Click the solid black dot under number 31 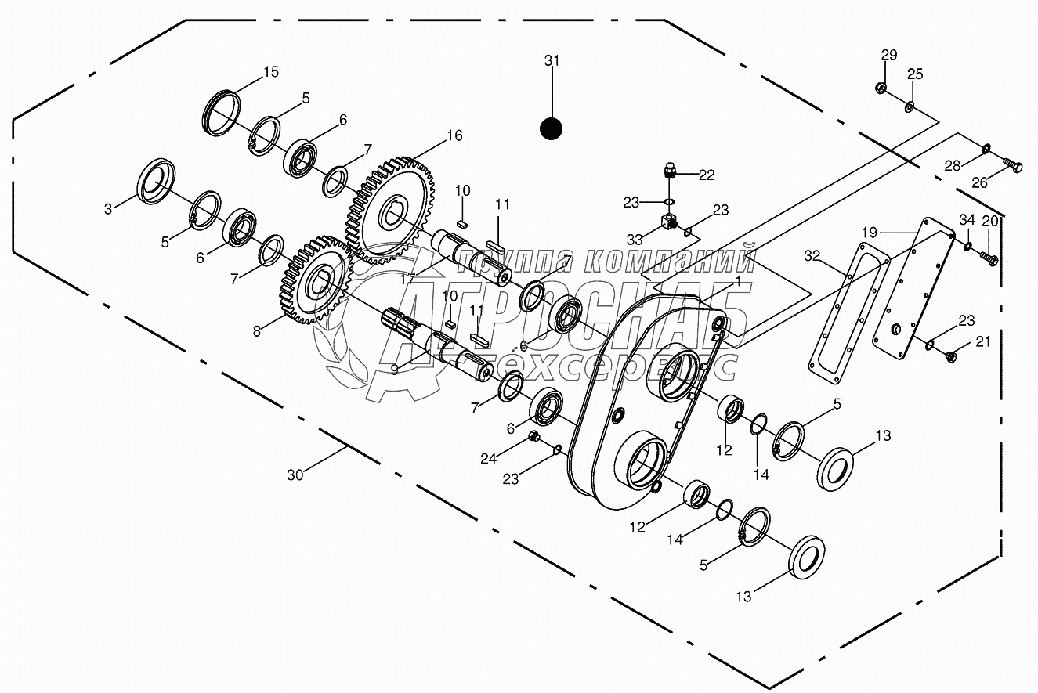point(552,128)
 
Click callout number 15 point(270,72)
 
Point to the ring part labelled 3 point(157,182)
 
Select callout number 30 point(295,475)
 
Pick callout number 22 point(707,175)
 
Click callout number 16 point(454,135)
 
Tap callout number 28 point(951,165)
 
